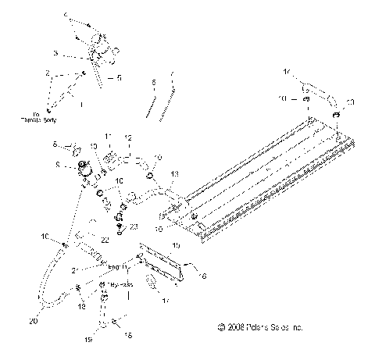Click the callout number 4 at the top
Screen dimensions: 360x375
(66, 16)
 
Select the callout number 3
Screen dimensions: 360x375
(55, 53)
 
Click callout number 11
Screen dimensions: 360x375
(109, 136)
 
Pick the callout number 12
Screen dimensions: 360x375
(127, 137)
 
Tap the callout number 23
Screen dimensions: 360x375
(134, 226)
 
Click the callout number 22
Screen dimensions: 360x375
(104, 240)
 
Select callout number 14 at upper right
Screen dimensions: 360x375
(287, 71)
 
